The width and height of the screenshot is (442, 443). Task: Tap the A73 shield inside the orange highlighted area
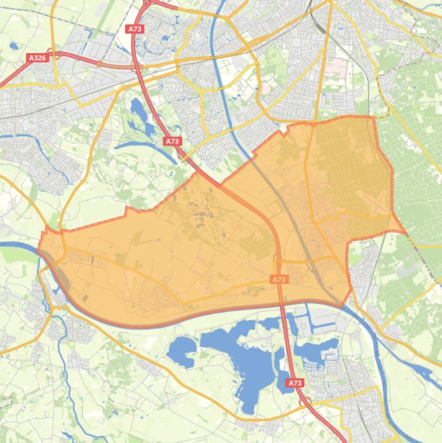(x=279, y=280)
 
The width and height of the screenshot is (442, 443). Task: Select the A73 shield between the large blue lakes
(x=295, y=383)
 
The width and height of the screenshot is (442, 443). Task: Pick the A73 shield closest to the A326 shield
(x=135, y=29)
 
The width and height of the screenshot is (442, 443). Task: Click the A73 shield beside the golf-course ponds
(x=172, y=141)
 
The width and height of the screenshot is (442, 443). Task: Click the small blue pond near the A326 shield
(x=13, y=45)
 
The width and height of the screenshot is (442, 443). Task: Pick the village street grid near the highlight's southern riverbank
(x=158, y=296)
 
